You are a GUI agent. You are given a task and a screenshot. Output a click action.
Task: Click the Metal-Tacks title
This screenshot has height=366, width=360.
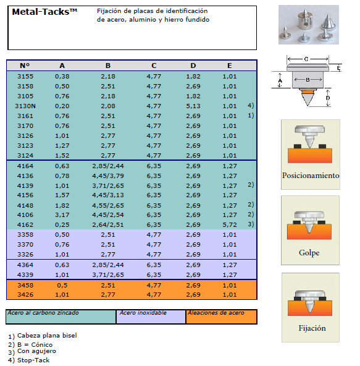coord(44,12)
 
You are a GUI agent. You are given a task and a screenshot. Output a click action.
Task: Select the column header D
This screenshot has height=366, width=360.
coord(193,66)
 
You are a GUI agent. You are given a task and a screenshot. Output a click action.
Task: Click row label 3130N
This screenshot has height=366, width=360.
coord(25,106)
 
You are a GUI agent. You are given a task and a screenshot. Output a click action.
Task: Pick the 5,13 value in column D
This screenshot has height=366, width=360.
coord(193,106)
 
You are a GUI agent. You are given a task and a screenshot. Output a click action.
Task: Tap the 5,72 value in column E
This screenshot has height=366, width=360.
coord(230,225)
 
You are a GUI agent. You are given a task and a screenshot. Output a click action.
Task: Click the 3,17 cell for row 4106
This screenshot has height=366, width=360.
coord(62,215)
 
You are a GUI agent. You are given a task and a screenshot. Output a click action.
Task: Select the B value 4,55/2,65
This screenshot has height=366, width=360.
coord(108,206)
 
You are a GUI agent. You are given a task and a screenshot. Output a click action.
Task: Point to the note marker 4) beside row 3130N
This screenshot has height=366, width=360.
coord(251,106)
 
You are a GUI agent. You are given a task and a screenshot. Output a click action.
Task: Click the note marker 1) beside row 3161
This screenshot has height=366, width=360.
coord(251,116)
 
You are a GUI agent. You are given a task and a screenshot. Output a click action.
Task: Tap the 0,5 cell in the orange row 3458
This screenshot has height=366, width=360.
coord(62,285)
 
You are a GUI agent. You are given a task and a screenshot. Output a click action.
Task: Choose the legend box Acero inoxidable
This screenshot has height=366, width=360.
coord(151,317)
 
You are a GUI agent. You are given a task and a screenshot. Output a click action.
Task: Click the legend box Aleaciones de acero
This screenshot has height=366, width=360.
coord(221,317)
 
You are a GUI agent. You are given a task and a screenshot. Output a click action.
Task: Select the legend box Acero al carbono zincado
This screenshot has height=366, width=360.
coord(61,317)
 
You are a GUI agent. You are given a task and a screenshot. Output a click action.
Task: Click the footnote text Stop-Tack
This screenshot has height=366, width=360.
coord(33,360)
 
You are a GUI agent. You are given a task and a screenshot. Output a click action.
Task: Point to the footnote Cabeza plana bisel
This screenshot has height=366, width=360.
coord(47,336)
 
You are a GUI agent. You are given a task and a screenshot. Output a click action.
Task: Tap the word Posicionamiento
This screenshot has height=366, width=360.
coord(311,176)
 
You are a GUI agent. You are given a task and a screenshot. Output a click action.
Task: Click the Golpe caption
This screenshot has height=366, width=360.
coord(309,253)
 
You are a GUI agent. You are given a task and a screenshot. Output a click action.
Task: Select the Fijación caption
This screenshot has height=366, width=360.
coord(312,328)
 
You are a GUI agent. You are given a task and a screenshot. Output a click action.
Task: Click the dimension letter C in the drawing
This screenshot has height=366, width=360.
coord(306,59)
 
